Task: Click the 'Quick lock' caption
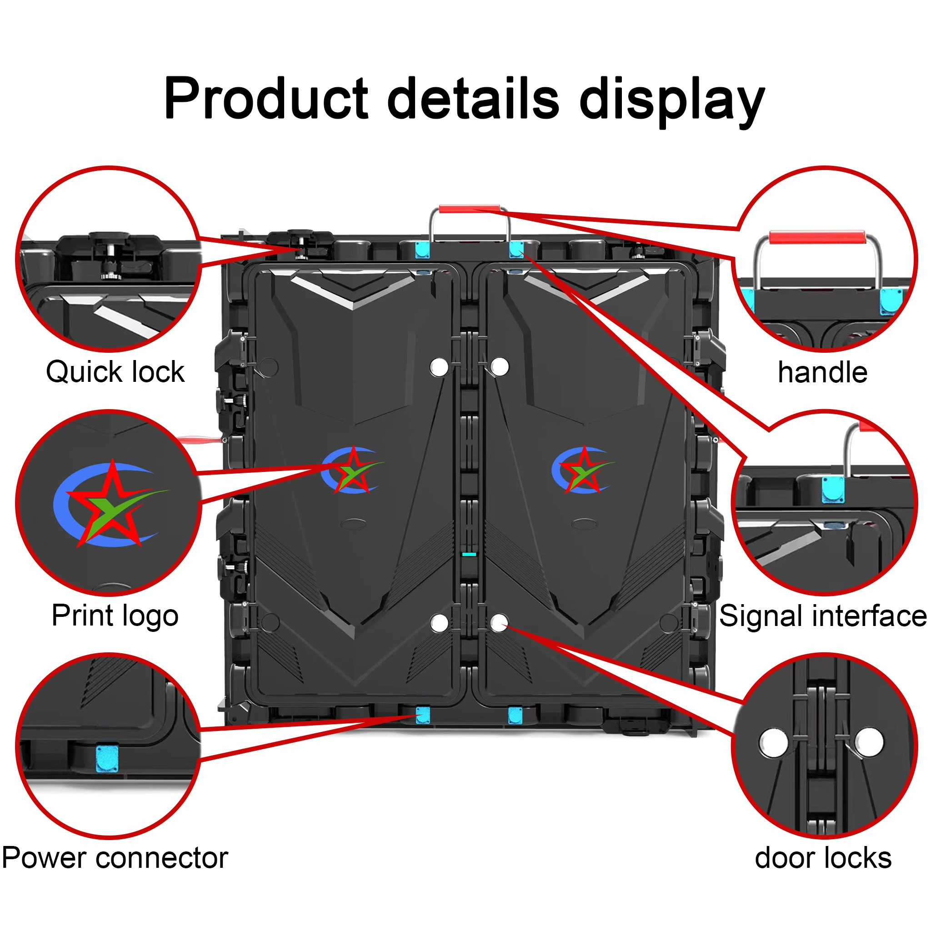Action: [115, 372]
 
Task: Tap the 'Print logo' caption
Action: [115, 616]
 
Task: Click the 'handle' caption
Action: [822, 372]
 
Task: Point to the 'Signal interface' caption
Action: [822, 616]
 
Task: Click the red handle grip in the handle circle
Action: [817, 238]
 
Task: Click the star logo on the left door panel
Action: [353, 470]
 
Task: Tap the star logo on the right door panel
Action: [584, 470]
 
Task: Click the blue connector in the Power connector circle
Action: [107, 760]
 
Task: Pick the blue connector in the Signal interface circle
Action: [833, 490]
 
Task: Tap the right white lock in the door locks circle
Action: [869, 742]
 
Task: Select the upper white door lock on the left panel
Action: [439, 367]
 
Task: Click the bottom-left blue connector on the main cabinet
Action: [423, 715]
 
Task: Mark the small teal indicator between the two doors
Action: [469, 555]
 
